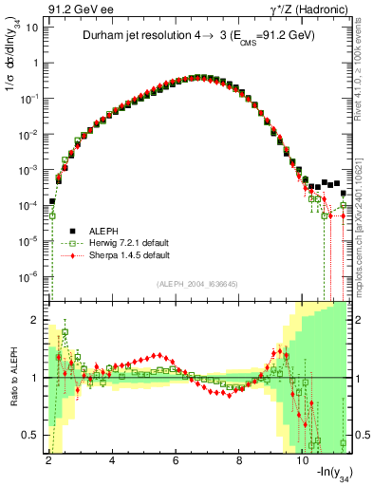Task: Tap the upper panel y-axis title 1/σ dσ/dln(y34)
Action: tap(12, 70)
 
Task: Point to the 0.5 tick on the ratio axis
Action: tap(30, 435)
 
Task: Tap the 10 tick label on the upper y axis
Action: tap(29, 28)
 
